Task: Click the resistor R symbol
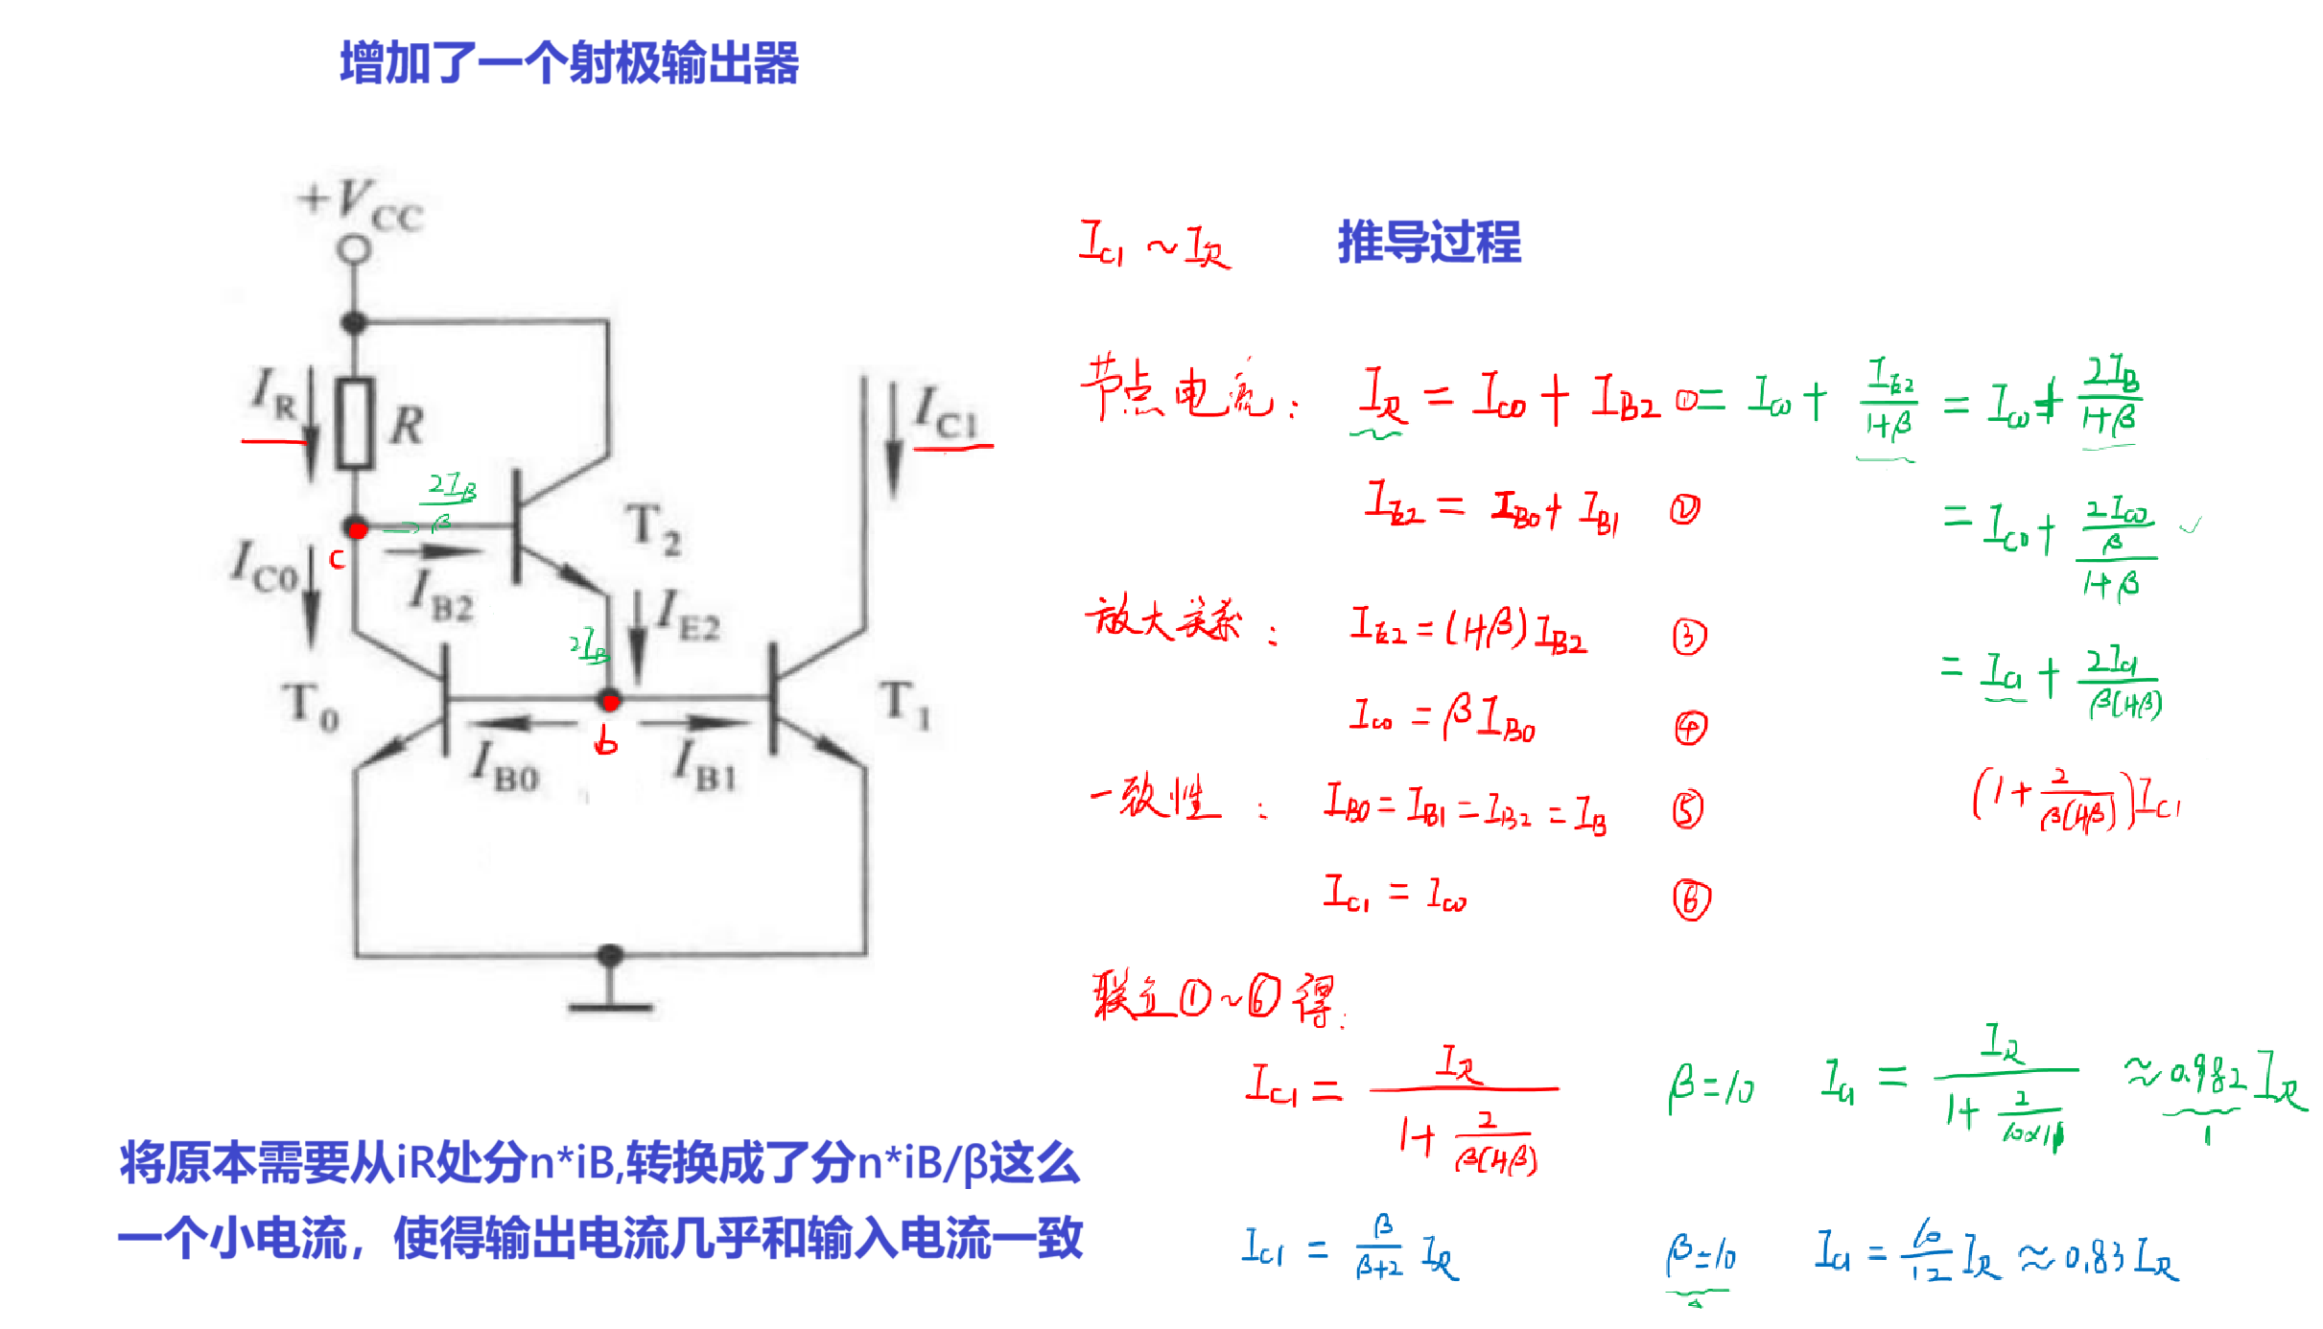pos(355,424)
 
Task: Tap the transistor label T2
pos(654,530)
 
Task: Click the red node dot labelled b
pos(610,701)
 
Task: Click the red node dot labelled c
pos(357,529)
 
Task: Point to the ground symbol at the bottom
pos(610,997)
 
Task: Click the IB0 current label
pos(505,767)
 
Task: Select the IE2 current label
pos(688,616)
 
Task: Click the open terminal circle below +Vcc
pos(354,249)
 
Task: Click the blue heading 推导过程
pos(1429,242)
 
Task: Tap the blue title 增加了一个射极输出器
pos(570,63)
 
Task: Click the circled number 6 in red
pos(1691,899)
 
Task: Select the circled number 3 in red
pos(1689,637)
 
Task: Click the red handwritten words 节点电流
pos(1178,389)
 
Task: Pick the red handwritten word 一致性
pos(1156,798)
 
